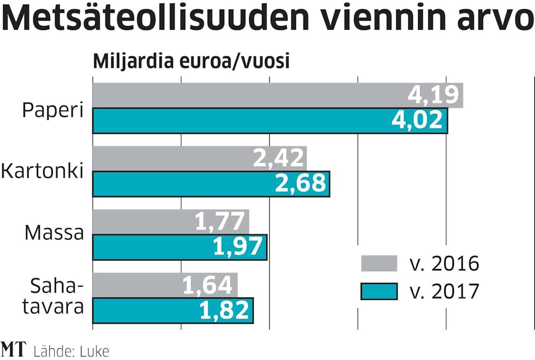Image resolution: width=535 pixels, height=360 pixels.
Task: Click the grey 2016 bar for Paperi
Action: (246, 95)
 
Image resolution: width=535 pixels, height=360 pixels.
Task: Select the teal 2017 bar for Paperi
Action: (246, 121)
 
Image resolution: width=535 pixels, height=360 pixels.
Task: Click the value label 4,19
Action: (434, 95)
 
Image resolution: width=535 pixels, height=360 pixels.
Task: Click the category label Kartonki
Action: (42, 171)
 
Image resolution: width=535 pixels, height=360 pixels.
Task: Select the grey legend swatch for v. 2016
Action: (379, 263)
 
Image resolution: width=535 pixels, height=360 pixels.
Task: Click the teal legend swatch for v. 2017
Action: (379, 291)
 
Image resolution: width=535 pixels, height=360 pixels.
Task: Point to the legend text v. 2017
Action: (444, 291)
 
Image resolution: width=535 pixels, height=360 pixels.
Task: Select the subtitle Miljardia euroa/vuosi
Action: (191, 62)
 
